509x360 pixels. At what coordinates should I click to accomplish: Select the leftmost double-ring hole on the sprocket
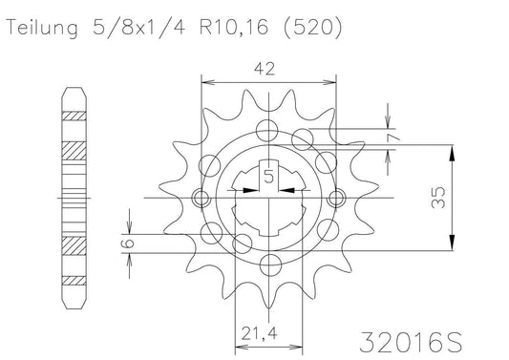coord(201,199)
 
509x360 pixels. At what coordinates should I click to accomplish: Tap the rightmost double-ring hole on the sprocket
coord(336,199)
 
